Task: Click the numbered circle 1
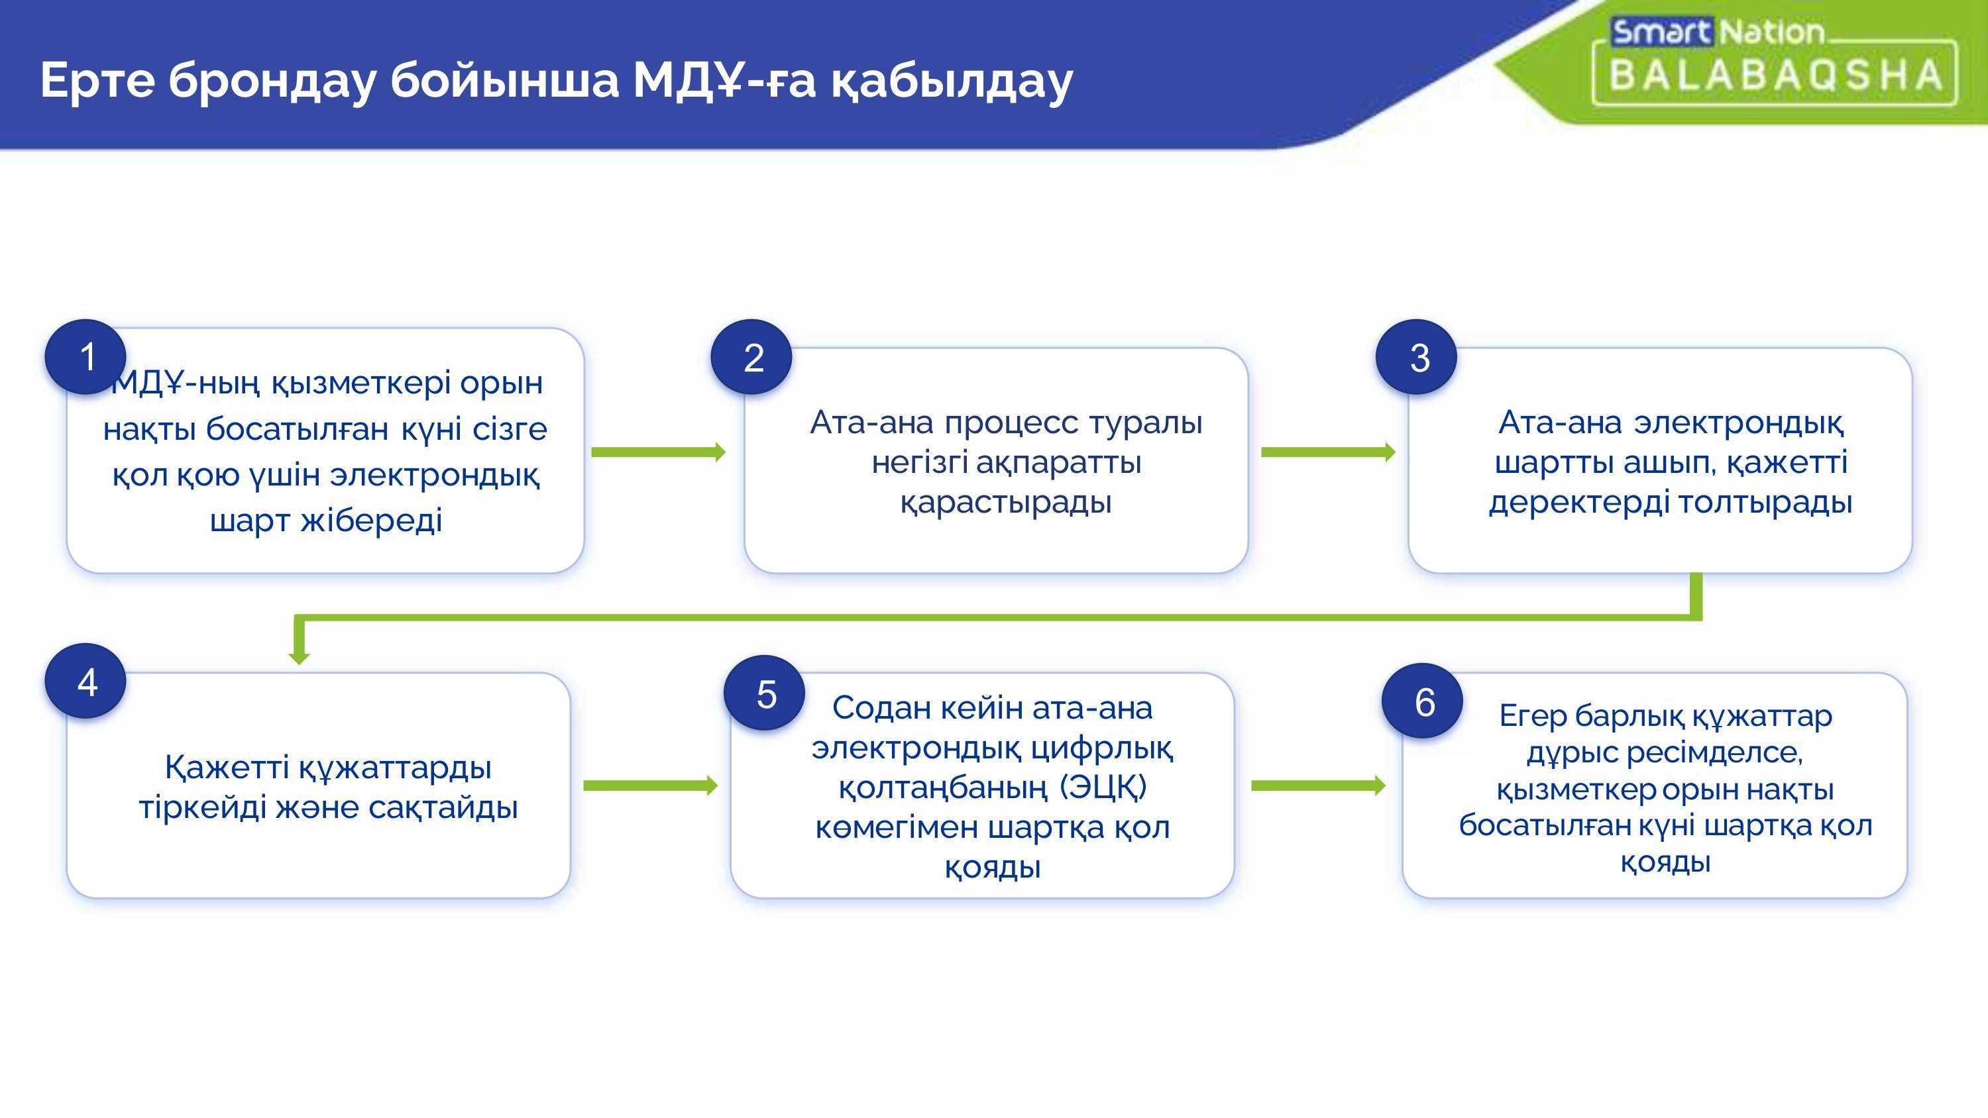pyautogui.click(x=85, y=356)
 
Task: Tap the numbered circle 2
pyautogui.click(x=751, y=356)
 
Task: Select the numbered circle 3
pyautogui.click(x=1416, y=356)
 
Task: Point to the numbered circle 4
pyautogui.click(x=85, y=682)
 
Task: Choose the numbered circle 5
pyautogui.click(x=764, y=693)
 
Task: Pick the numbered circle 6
pyautogui.click(x=1422, y=701)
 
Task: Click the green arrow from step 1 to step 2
pyautogui.click(x=658, y=452)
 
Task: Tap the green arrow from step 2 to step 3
pyautogui.click(x=1328, y=452)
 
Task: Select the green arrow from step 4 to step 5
pyautogui.click(x=651, y=786)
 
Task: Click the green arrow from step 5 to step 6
pyautogui.click(x=1318, y=786)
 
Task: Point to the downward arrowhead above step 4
pyautogui.click(x=300, y=656)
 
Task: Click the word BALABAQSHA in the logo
pyautogui.click(x=1775, y=75)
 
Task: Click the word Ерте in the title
pyautogui.click(x=97, y=79)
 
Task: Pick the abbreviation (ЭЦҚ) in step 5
pyautogui.click(x=1103, y=788)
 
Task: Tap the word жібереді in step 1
pyautogui.click(x=371, y=520)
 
